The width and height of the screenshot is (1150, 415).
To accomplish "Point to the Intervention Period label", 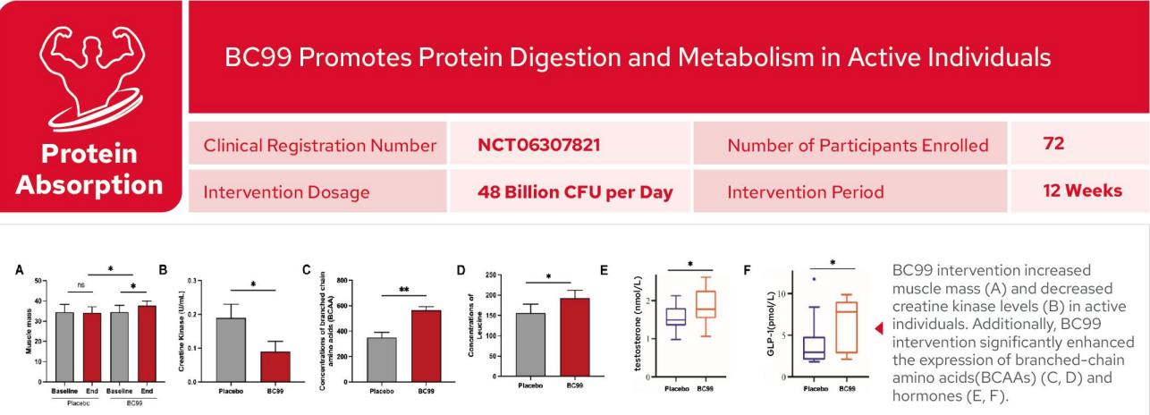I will coord(806,191).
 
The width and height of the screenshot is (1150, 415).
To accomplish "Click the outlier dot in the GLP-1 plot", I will coord(814,279).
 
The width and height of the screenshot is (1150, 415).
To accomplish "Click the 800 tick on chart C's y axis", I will coord(342,282).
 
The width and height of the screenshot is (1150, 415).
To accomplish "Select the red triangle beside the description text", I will coord(879,329).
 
